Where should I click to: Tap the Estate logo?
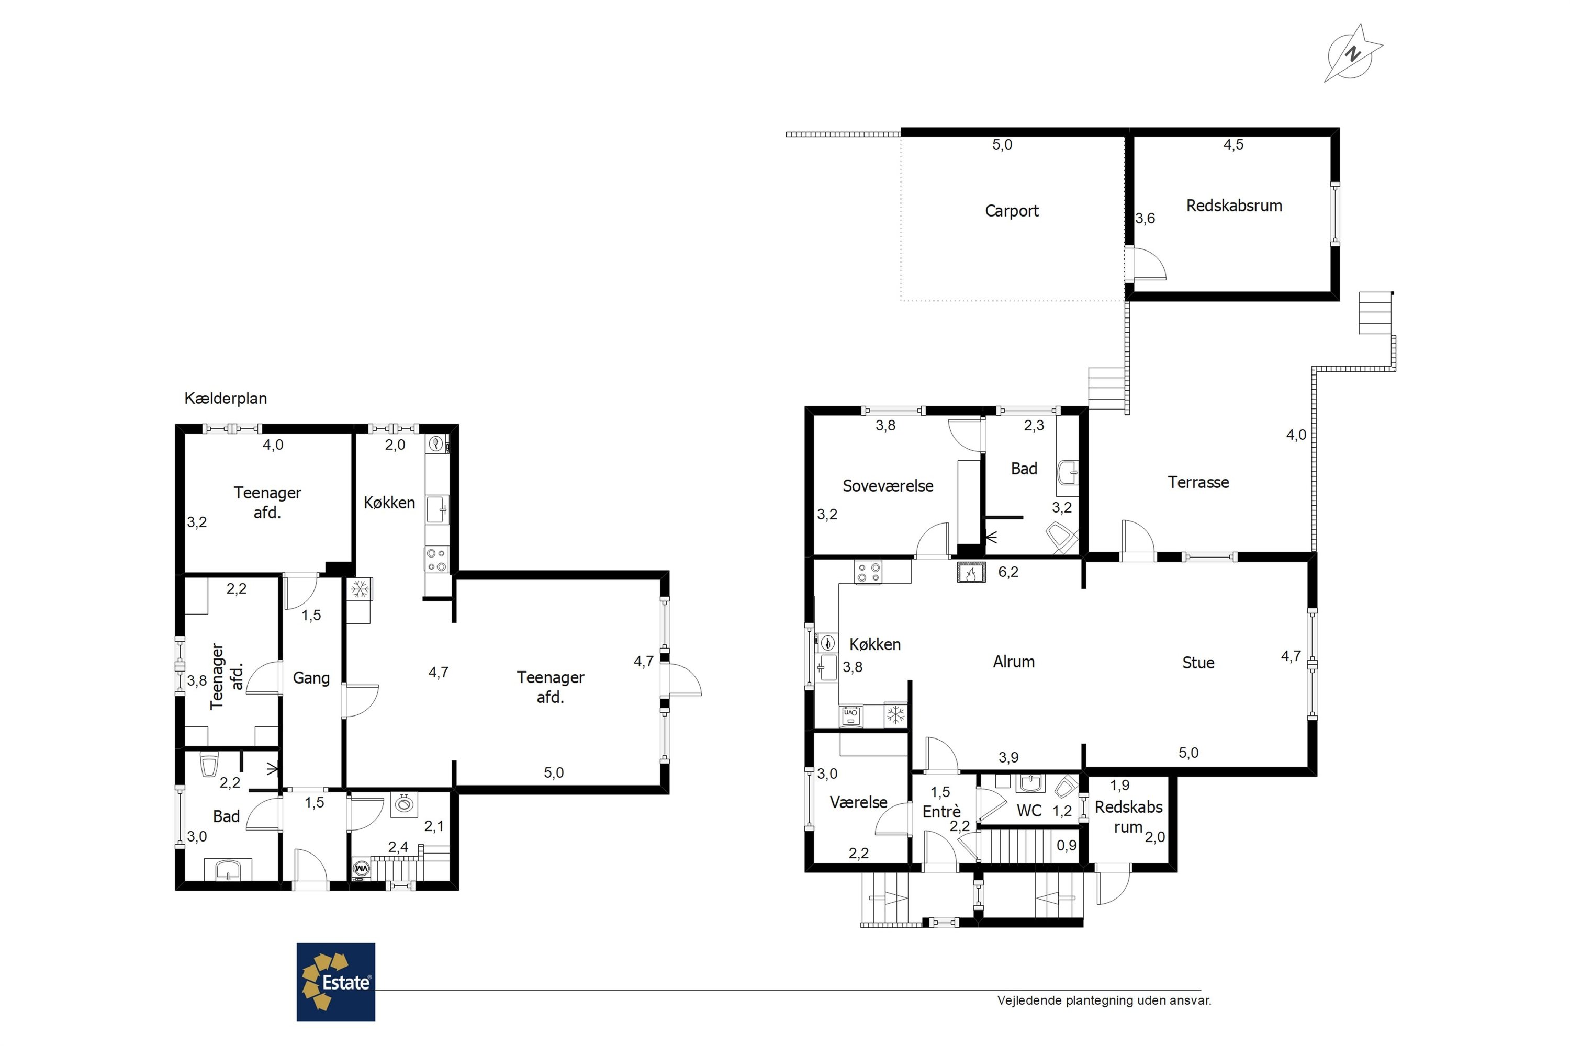336,982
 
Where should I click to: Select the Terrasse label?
1198,482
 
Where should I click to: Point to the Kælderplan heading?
226,398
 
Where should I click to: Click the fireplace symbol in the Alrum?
971,572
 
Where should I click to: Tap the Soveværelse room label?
888,486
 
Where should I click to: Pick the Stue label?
1198,663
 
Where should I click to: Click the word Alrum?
1014,662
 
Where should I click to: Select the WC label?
1029,811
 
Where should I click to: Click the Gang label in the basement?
311,678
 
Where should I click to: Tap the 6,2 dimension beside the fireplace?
1008,572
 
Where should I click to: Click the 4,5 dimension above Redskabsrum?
1233,145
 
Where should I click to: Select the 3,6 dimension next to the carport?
1145,218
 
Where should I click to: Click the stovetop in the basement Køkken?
437,559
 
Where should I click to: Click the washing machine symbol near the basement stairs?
361,869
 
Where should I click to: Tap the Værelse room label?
858,802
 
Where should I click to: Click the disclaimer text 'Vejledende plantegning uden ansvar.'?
1104,1000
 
